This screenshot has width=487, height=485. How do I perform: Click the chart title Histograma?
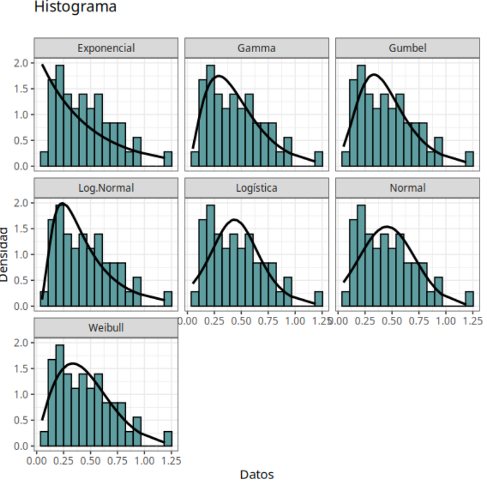click(75, 7)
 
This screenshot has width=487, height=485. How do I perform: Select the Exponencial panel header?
click(106, 48)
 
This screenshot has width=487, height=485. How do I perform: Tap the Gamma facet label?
click(257, 48)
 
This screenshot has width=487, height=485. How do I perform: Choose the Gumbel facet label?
click(408, 48)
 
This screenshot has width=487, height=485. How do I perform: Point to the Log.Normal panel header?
click(106, 188)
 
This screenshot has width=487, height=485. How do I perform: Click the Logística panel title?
click(257, 188)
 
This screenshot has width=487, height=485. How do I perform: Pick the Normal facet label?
click(408, 188)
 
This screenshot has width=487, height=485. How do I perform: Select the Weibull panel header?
click(106, 328)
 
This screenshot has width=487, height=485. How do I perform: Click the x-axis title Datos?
click(257, 475)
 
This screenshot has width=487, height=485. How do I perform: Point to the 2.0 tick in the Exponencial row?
click(21, 63)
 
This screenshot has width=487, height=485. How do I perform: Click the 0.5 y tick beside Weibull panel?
click(21, 420)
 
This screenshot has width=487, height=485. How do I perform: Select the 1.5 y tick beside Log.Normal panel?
click(21, 229)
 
